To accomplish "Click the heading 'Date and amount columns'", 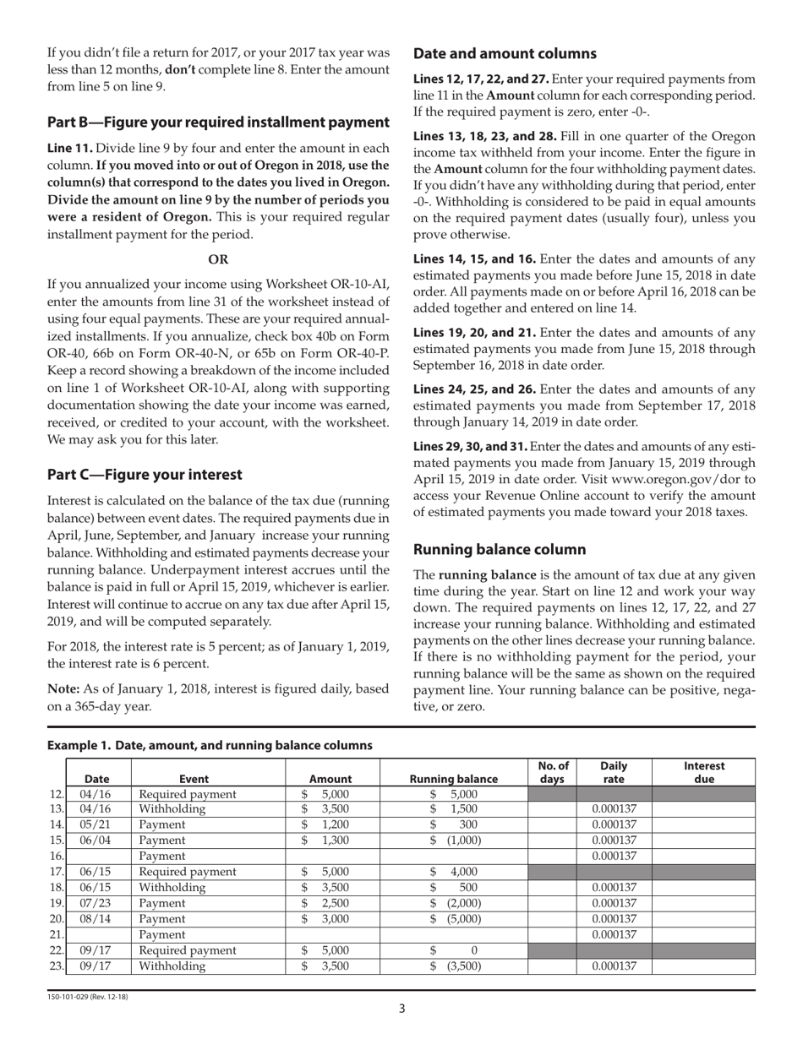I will (505, 54).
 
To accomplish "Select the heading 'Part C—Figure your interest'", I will (145, 475).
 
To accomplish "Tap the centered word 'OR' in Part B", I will (218, 260).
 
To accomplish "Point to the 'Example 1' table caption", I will (210, 745).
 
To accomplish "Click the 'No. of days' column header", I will (551, 772).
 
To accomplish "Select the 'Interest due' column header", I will (703, 772).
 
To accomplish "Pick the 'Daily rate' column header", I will (614, 772).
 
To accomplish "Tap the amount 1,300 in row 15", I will (336, 840).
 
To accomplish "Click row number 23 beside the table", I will (57, 966).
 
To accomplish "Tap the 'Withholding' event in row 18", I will (172, 888).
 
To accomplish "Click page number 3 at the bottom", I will (402, 1009).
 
